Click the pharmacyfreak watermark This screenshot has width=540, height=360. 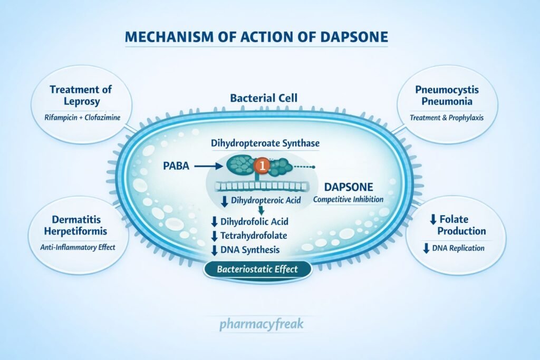coord(261,323)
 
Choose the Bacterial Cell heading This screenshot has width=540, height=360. coord(264,99)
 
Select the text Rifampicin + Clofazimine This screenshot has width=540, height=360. coord(81,117)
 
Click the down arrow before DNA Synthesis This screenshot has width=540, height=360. coord(214,250)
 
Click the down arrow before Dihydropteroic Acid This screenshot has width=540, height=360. coord(224,200)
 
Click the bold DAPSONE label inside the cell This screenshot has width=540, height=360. coord(349,187)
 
